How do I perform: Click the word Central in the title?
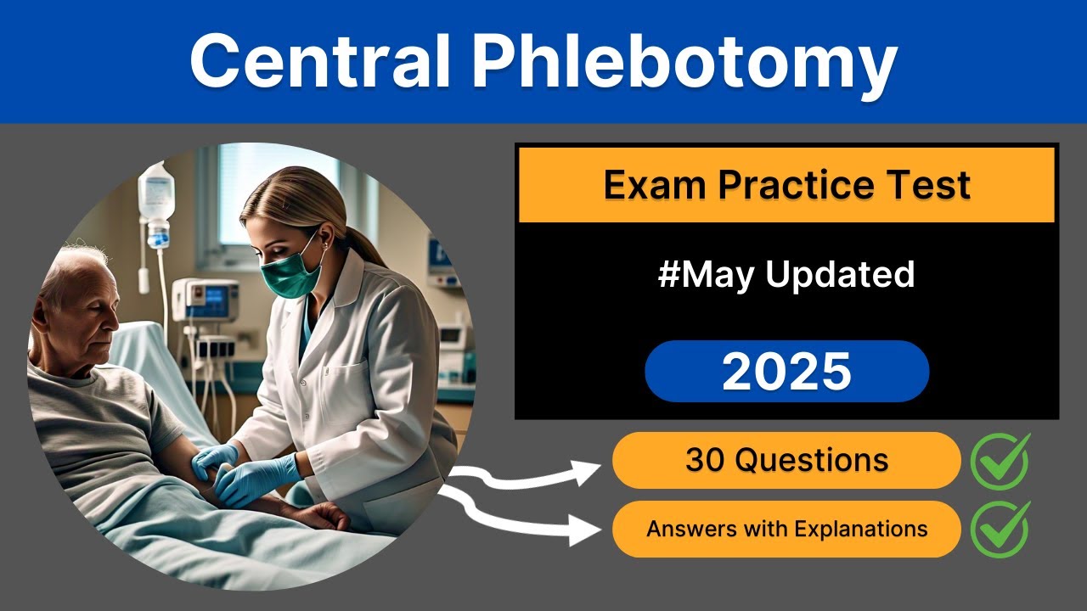319,62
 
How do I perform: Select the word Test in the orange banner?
933,184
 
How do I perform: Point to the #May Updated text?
786,275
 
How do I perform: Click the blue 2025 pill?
786,372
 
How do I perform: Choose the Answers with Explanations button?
786,530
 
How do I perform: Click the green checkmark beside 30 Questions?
1000,461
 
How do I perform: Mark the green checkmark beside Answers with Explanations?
1000,530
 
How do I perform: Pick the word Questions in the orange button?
811,460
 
